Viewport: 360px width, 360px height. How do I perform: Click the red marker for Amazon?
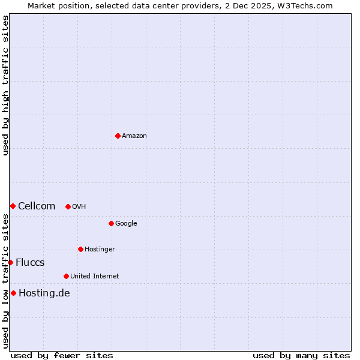pyautogui.click(x=118, y=136)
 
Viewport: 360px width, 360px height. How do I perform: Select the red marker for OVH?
pyautogui.click(x=68, y=206)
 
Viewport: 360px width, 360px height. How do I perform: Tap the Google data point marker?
pyautogui.click(x=111, y=223)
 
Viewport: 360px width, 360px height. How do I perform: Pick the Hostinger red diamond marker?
pyautogui.click(x=80, y=249)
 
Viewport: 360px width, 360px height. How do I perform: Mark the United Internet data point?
pyautogui.click(x=66, y=276)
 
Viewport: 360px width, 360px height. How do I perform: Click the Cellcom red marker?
pyautogui.click(x=13, y=206)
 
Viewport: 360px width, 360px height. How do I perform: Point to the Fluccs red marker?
pyautogui.click(x=10, y=262)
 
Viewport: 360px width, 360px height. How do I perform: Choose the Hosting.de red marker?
pyautogui.click(x=13, y=293)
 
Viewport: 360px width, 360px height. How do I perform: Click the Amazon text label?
pyautogui.click(x=134, y=136)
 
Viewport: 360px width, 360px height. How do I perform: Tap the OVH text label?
pyautogui.click(x=79, y=207)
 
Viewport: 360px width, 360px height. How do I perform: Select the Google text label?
pyautogui.click(x=126, y=224)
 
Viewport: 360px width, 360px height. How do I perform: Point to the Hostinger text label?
pyautogui.click(x=100, y=250)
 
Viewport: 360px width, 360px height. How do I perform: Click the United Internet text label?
pyautogui.click(x=94, y=277)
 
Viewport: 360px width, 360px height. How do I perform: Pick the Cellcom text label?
pyautogui.click(x=37, y=206)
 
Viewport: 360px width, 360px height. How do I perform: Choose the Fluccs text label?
pyautogui.click(x=30, y=263)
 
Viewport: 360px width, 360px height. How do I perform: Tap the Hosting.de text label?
pyautogui.click(x=44, y=293)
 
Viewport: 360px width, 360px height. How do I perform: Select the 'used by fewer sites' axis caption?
pyautogui.click(x=62, y=355)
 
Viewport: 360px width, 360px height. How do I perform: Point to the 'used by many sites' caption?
pyautogui.click(x=301, y=355)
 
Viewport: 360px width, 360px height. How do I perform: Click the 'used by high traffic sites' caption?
pyautogui.click(x=5, y=85)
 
